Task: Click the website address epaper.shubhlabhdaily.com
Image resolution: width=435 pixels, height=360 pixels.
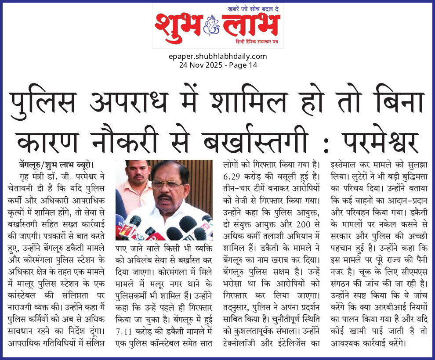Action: (x=217, y=56)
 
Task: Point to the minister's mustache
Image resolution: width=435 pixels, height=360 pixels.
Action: (x=166, y=197)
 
